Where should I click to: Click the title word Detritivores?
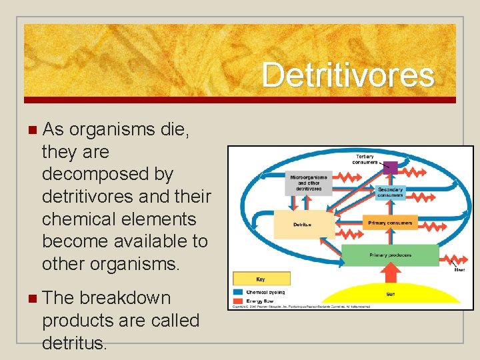click(x=348, y=75)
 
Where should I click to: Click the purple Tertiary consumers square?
click(x=390, y=167)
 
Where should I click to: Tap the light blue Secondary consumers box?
click(x=390, y=191)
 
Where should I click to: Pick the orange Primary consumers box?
click(x=390, y=223)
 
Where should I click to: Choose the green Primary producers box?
click(x=390, y=255)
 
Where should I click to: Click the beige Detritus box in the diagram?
click(x=303, y=225)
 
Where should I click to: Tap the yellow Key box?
click(x=261, y=279)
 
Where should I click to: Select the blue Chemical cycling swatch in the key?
click(x=239, y=292)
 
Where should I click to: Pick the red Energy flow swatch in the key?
click(x=239, y=301)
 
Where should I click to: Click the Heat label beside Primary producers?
click(x=459, y=270)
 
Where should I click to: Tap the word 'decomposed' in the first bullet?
click(x=107, y=174)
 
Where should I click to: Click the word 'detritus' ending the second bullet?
click(x=73, y=343)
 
